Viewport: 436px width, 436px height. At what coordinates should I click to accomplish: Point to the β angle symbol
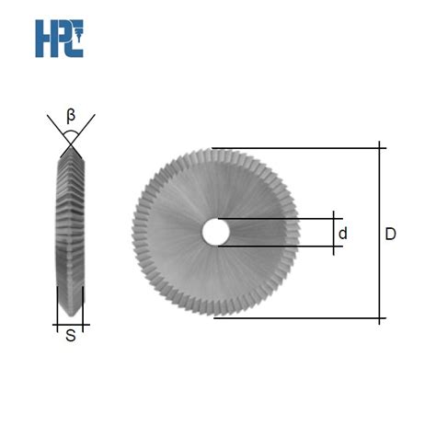71,116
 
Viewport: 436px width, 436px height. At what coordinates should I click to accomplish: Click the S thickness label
70,338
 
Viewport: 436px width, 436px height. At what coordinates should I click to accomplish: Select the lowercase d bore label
342,234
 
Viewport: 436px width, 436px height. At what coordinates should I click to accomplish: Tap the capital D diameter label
390,235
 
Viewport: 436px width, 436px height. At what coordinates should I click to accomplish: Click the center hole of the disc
217,233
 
